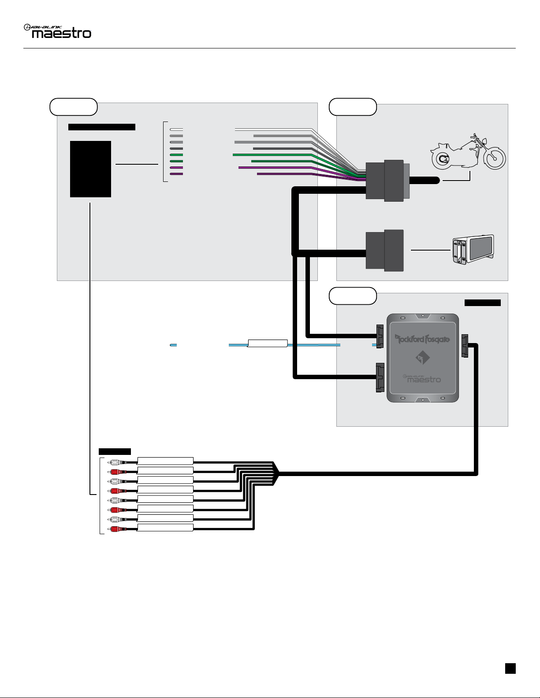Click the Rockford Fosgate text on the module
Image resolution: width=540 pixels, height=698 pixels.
(422, 339)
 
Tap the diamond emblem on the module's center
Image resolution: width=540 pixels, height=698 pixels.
(422, 358)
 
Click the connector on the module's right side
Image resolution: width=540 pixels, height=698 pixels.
(465, 346)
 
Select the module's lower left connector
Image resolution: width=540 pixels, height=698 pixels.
(380, 377)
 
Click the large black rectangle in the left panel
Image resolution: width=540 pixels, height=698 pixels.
(90, 169)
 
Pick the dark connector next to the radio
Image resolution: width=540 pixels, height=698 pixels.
(385, 250)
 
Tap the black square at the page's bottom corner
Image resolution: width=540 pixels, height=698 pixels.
(510, 668)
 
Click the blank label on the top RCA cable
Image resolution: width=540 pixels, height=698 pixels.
(165, 461)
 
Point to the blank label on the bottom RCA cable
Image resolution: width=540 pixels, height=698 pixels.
(165, 528)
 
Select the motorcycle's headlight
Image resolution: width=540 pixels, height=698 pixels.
(483, 142)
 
